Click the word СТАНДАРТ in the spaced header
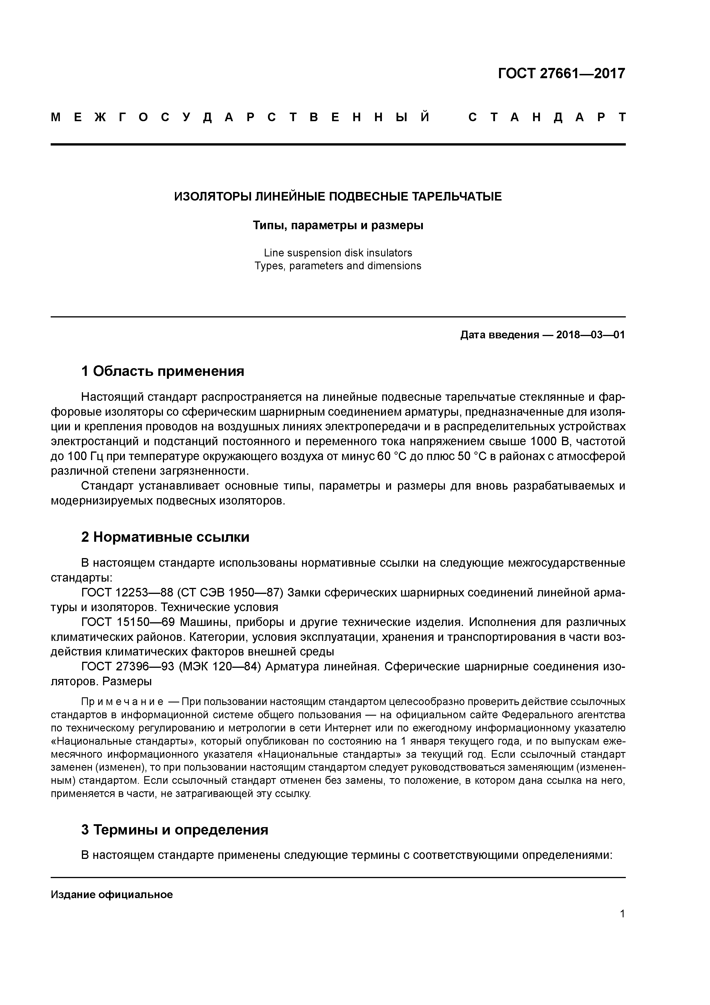pos(547,117)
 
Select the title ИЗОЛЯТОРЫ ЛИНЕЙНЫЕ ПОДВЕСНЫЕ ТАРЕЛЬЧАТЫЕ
pos(338,197)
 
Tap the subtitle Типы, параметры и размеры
pos(338,225)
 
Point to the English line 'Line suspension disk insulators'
pos(338,253)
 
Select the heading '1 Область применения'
pos(162,371)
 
